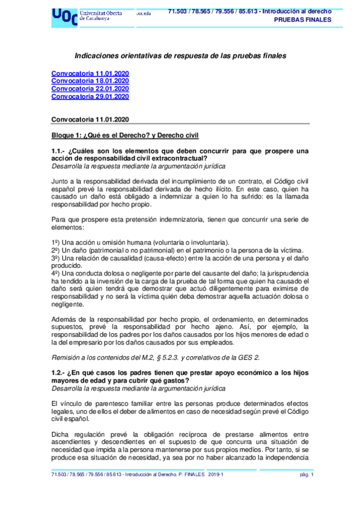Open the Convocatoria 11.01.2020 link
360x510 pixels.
pyautogui.click(x=90, y=73)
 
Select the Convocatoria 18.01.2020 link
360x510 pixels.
pyautogui.click(x=90, y=81)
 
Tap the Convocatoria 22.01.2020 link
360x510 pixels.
pyautogui.click(x=90, y=88)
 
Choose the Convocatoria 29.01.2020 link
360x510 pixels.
pyautogui.click(x=90, y=96)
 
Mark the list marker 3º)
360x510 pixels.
pyautogui.click(x=56, y=258)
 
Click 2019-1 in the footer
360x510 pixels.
pyautogui.click(x=216, y=475)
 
